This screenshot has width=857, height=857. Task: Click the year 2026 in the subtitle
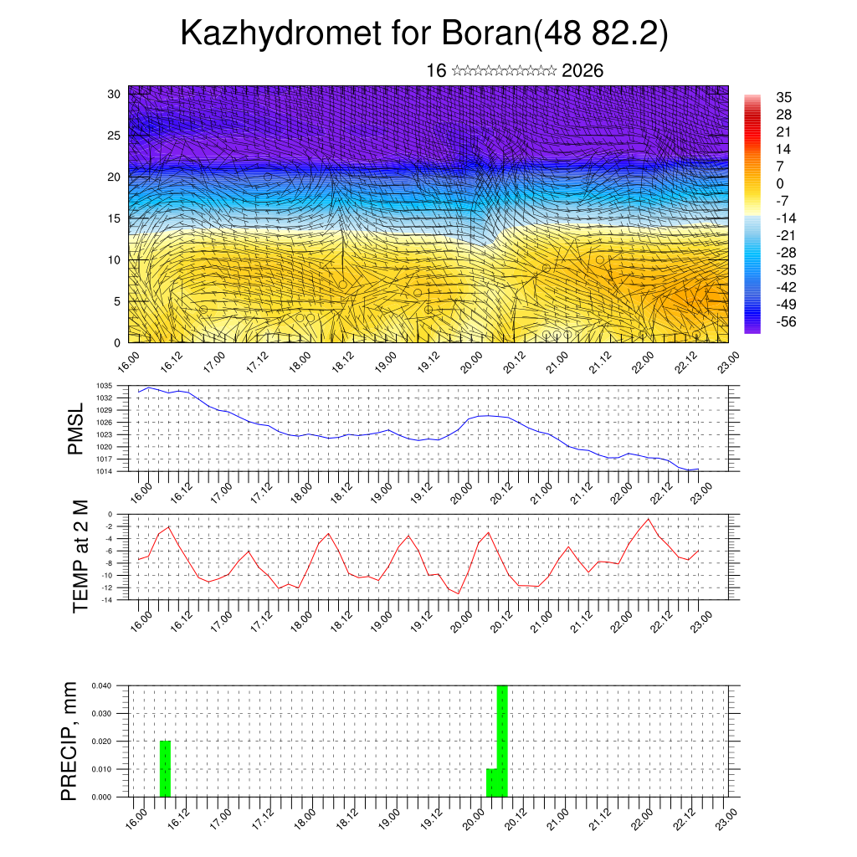(x=582, y=70)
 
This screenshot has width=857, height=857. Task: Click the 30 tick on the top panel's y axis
(x=115, y=94)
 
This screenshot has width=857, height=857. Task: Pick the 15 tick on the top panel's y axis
(x=115, y=218)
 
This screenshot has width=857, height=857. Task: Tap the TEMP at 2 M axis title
(x=80, y=556)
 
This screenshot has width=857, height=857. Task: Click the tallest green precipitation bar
(x=502, y=741)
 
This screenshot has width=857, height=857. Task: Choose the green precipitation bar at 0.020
(x=165, y=768)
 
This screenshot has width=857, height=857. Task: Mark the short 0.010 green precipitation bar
(x=492, y=783)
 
